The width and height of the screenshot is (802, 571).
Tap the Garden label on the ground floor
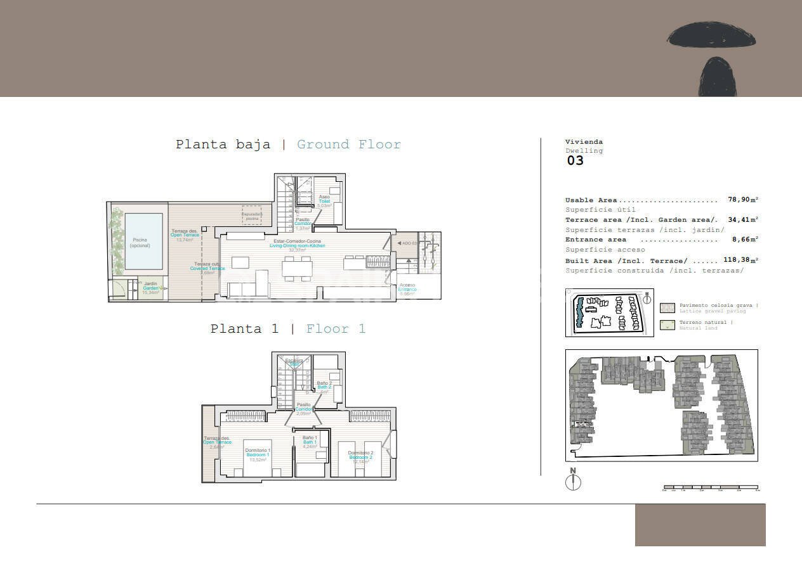click(x=150, y=288)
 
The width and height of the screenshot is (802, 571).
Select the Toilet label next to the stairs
click(x=324, y=201)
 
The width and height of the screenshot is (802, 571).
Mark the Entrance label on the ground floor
click(x=407, y=289)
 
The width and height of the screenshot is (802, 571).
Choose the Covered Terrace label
click(x=207, y=268)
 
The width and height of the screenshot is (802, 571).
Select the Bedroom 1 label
click(x=258, y=454)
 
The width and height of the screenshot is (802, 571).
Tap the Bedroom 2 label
click(x=360, y=456)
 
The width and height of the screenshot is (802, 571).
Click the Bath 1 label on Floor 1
click(x=310, y=442)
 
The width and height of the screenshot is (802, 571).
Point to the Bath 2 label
click(x=324, y=387)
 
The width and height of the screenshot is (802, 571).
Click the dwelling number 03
click(x=575, y=160)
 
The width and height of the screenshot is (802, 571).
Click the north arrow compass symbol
click(x=573, y=482)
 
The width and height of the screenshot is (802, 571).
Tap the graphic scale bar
click(x=711, y=488)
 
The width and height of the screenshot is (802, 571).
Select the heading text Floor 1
click(x=336, y=329)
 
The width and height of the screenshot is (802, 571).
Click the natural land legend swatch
click(x=667, y=324)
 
